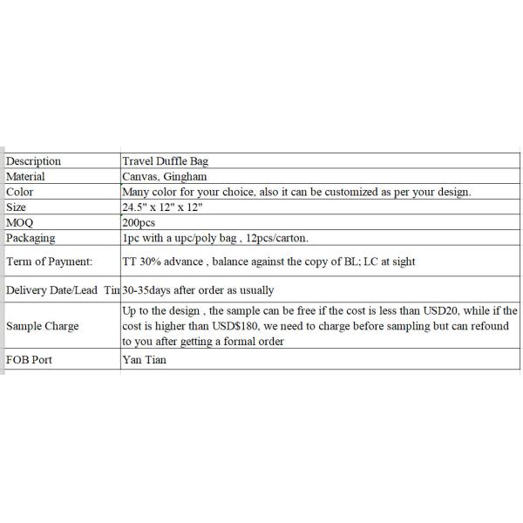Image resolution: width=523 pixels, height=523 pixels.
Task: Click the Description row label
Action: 34,161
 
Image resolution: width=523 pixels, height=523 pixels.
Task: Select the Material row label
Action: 26,176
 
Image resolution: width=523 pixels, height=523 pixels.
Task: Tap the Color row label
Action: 20,192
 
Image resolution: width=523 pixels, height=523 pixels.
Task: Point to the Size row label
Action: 17,207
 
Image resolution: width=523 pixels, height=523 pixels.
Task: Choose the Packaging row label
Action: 31,237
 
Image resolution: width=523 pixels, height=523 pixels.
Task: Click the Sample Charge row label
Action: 43,326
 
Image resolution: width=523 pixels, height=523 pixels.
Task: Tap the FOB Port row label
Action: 30,360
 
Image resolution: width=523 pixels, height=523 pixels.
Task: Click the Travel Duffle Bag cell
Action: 166,161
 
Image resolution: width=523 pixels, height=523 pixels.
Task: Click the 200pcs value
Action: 139,222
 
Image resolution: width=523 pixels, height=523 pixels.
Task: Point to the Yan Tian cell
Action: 145,360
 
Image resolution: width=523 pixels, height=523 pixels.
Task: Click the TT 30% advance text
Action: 163,261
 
